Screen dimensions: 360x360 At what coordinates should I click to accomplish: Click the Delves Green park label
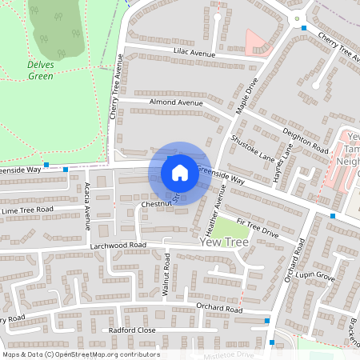point(42,70)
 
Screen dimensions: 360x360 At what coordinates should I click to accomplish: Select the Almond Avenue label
point(176,103)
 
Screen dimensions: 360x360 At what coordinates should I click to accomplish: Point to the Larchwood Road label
point(118,245)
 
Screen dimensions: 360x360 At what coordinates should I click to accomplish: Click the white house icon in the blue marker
point(180,173)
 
